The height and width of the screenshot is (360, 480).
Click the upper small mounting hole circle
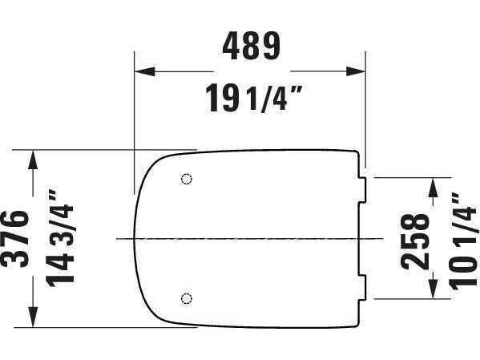coord(187,178)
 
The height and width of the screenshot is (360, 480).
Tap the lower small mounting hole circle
coord(187,298)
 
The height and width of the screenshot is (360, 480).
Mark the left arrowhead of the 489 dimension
coord(143,71)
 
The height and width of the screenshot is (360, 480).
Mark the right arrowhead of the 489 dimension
coord(357,71)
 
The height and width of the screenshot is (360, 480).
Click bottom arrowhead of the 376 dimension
coord(33,318)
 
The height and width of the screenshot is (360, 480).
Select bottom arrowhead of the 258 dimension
coord(434,289)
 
